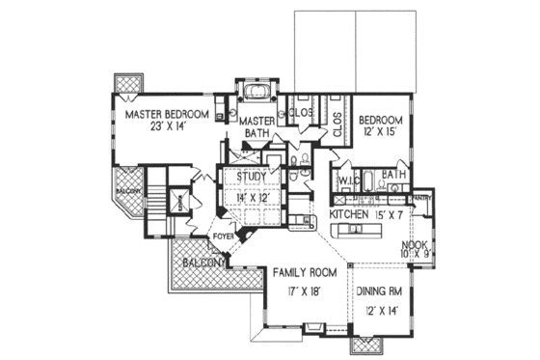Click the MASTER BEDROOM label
tap(168, 113)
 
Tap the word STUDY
tap(251, 177)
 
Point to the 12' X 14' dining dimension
tap(383, 310)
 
